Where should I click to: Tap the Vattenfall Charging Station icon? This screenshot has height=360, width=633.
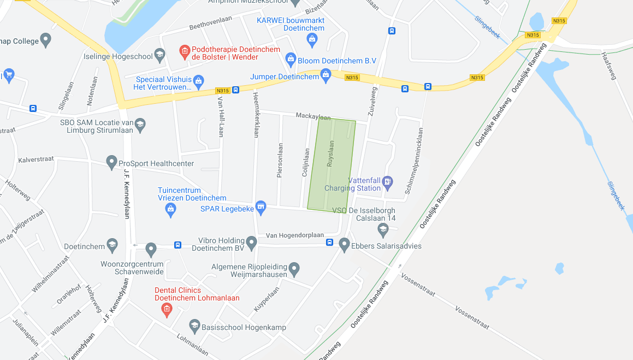coord(387,181)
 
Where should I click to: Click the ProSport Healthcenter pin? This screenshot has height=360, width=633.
coord(111,162)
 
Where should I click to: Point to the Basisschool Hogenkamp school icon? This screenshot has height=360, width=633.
coord(194,326)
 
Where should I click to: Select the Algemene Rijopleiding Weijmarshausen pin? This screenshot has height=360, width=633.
coord(294,268)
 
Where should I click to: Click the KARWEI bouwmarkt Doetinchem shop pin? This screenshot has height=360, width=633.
coord(312,39)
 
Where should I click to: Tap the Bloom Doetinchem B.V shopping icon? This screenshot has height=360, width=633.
coord(291,58)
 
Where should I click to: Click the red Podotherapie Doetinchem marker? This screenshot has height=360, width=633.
coord(185,51)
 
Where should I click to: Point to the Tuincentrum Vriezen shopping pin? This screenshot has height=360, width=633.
coord(171,209)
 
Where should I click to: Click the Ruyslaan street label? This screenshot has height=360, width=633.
coord(330,154)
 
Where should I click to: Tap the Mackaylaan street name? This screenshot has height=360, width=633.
coord(313,116)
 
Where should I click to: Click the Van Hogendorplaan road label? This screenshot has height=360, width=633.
coord(295,235)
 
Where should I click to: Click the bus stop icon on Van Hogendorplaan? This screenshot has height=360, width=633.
coord(329,243)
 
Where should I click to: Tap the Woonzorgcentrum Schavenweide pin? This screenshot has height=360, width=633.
coord(151,250)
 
